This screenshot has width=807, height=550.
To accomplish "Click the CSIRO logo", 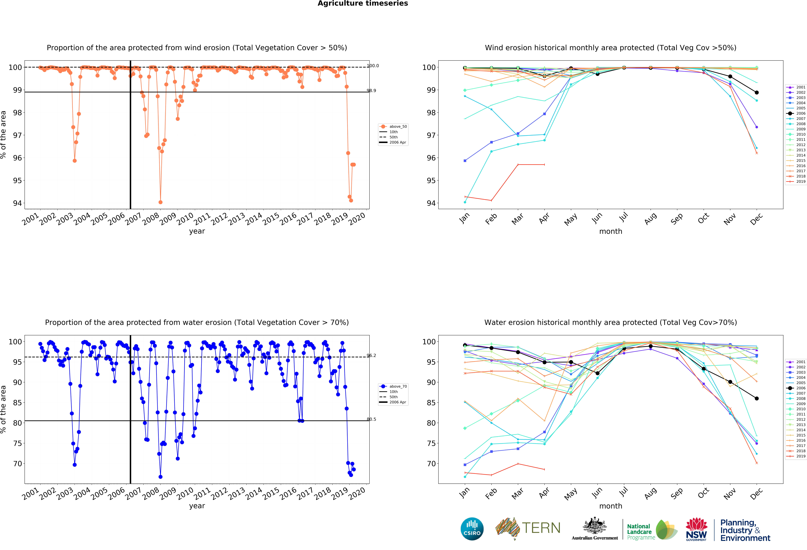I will [472, 529].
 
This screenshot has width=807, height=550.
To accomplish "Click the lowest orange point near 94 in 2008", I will [160, 202].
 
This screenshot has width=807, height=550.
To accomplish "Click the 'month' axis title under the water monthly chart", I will [610, 506].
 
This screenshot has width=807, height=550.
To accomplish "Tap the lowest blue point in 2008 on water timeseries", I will [160, 477].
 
